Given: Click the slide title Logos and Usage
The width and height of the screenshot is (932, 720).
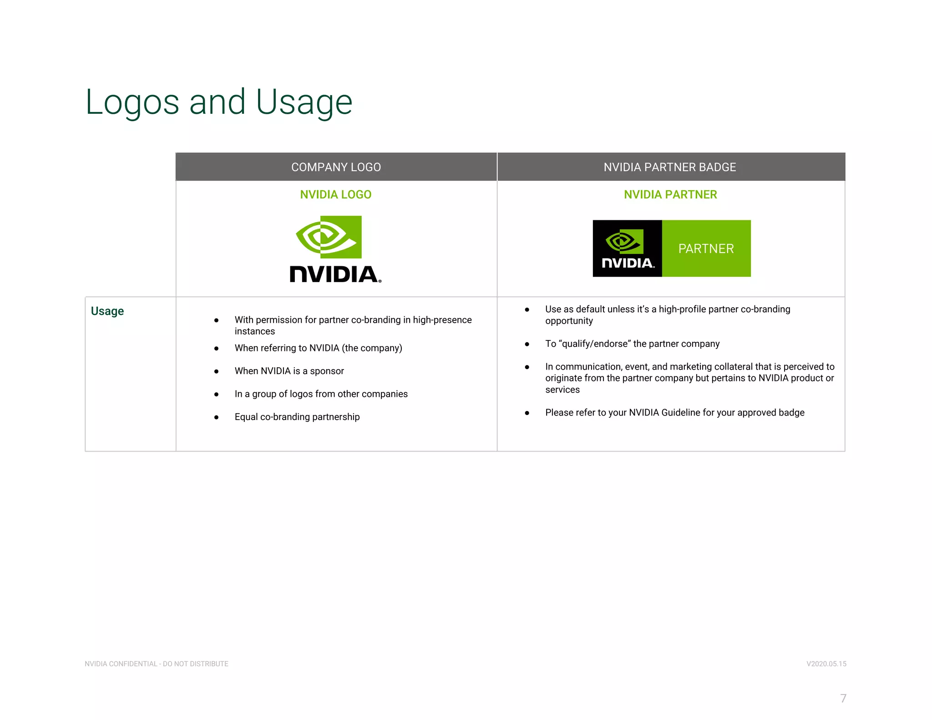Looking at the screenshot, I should click(x=218, y=102).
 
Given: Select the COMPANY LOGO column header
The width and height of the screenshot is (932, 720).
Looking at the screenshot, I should click(x=336, y=167).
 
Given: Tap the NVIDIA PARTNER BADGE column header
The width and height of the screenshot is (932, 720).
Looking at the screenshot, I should click(x=669, y=167).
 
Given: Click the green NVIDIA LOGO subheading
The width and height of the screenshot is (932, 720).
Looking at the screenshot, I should click(x=336, y=194).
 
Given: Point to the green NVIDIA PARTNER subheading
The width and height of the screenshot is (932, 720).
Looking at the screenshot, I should click(x=670, y=194).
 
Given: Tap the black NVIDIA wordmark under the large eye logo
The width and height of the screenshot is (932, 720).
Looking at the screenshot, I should click(x=335, y=274).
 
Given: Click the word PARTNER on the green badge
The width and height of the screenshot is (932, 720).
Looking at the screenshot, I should click(x=706, y=248).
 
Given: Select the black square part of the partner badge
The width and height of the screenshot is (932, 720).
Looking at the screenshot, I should click(x=627, y=248).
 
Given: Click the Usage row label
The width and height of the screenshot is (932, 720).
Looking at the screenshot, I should click(x=107, y=311).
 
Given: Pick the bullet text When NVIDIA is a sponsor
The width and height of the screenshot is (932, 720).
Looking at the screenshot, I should click(x=289, y=371).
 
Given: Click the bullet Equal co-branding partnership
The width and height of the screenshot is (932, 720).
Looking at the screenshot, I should click(x=297, y=417).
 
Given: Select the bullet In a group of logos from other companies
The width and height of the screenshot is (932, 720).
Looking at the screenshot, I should click(x=321, y=394).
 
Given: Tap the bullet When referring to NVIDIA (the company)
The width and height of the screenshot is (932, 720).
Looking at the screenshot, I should click(x=318, y=348).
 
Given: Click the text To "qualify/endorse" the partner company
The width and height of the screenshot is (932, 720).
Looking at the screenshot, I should click(x=632, y=344).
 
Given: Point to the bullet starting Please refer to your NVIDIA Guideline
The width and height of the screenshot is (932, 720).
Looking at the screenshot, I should click(x=674, y=412).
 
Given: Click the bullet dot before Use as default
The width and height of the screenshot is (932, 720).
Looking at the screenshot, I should click(x=527, y=309).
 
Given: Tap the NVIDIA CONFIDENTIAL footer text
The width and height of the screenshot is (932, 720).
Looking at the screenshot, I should click(x=157, y=664).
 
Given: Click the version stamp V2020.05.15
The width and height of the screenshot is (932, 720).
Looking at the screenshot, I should click(x=826, y=664).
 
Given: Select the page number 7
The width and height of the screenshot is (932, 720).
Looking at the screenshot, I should click(x=843, y=698).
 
